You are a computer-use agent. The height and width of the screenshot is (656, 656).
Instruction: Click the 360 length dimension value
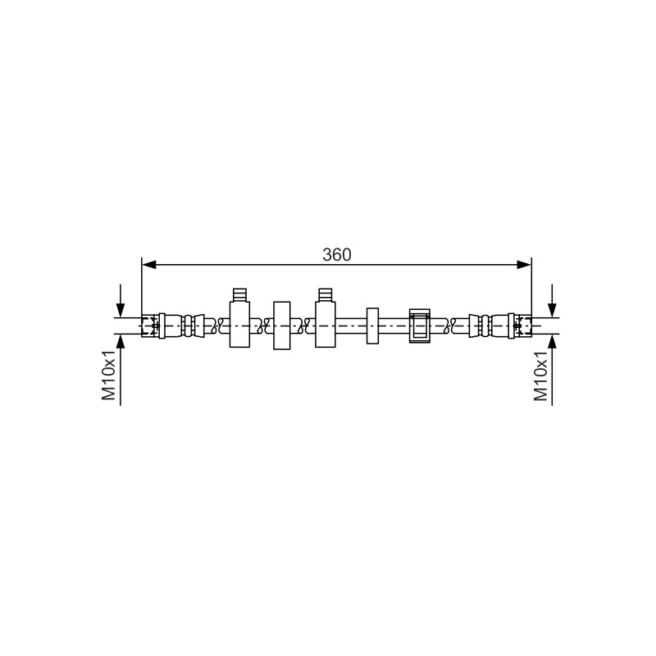click(x=337, y=255)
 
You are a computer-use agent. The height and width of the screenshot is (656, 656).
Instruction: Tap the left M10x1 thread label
click(x=109, y=375)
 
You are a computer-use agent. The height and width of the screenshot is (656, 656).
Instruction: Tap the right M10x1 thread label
click(x=540, y=376)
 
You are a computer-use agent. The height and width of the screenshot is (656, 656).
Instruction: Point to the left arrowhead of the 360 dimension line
click(x=149, y=264)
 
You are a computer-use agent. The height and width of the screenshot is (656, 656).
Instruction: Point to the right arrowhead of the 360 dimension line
click(x=524, y=264)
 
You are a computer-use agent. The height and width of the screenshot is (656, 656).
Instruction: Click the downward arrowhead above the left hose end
click(x=121, y=311)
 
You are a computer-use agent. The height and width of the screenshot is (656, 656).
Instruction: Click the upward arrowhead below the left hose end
click(x=121, y=342)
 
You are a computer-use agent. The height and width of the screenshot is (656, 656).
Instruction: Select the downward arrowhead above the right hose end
click(x=552, y=311)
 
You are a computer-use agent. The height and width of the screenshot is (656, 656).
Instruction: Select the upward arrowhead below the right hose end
click(x=552, y=342)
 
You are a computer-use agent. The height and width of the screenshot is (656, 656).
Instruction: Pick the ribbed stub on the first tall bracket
click(x=239, y=294)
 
